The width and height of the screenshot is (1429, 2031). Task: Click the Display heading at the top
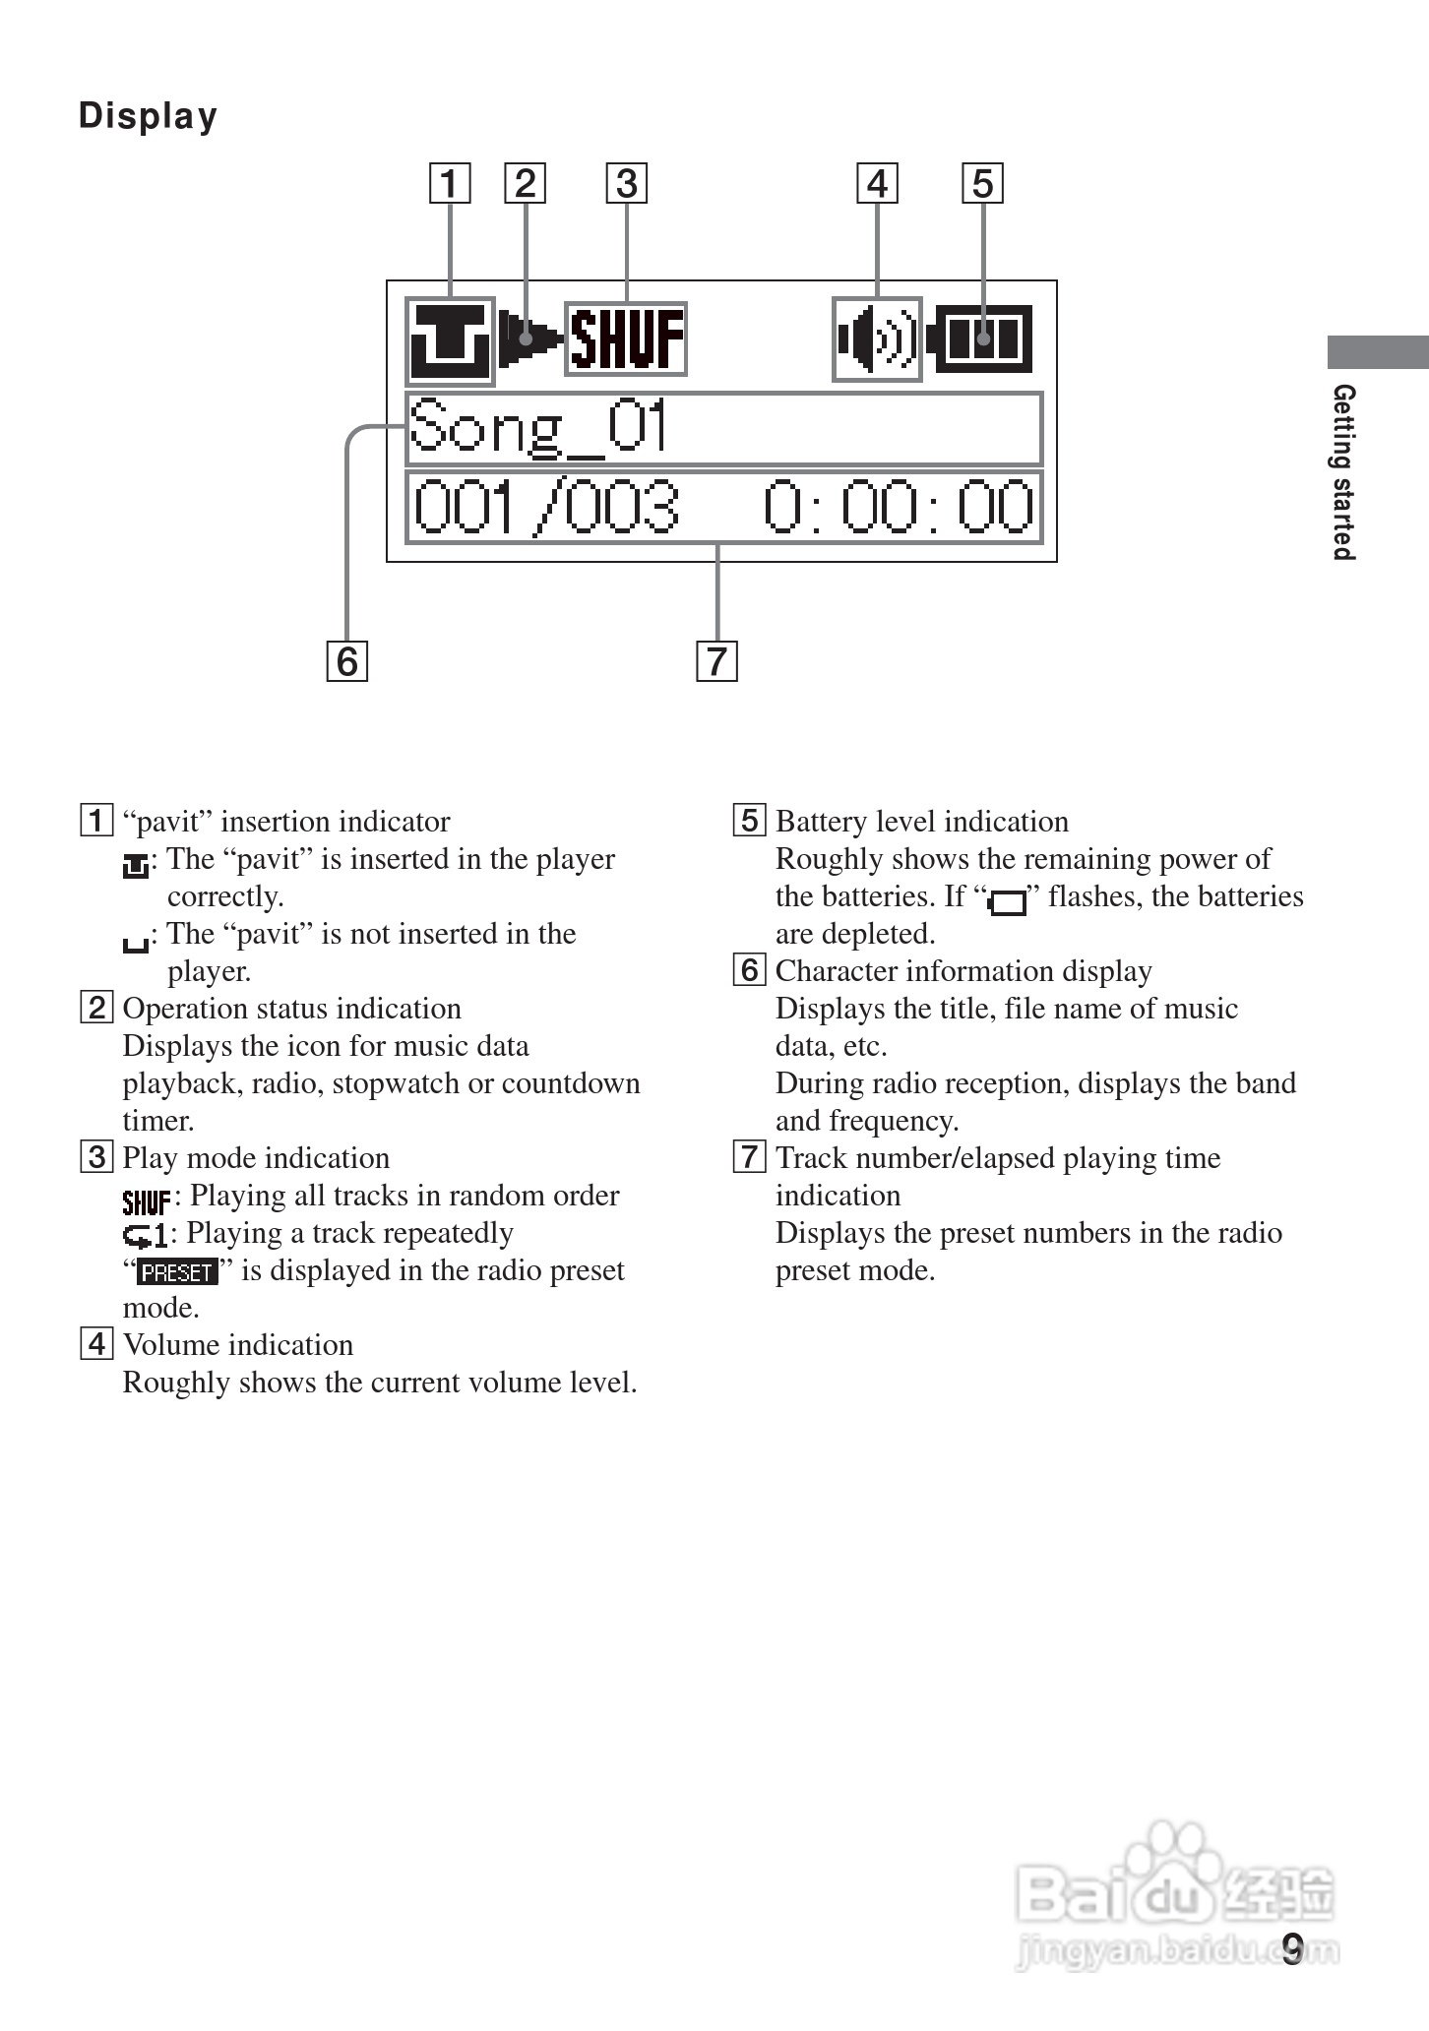(148, 116)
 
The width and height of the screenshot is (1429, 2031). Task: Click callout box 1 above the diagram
(449, 184)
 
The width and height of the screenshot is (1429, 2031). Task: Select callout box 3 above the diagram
(627, 184)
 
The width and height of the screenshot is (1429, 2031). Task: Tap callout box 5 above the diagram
(982, 184)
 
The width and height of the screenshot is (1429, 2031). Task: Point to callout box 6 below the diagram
(346, 660)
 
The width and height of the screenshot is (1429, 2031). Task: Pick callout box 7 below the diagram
(716, 660)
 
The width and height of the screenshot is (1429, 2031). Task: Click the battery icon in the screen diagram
(981, 339)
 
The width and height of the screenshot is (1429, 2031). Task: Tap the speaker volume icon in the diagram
(876, 339)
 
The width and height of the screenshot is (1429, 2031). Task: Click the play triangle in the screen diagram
(526, 339)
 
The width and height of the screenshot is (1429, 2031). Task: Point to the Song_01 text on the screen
(538, 429)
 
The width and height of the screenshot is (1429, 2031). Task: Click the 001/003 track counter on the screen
(545, 508)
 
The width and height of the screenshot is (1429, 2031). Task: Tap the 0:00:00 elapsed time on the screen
(899, 508)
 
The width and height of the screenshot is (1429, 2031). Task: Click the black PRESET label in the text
(177, 1272)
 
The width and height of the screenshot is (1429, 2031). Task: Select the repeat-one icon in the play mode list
(146, 1235)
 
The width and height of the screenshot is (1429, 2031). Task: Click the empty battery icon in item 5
(1007, 901)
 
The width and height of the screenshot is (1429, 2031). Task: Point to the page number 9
(1292, 1947)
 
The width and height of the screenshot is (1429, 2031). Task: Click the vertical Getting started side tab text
(1343, 472)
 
